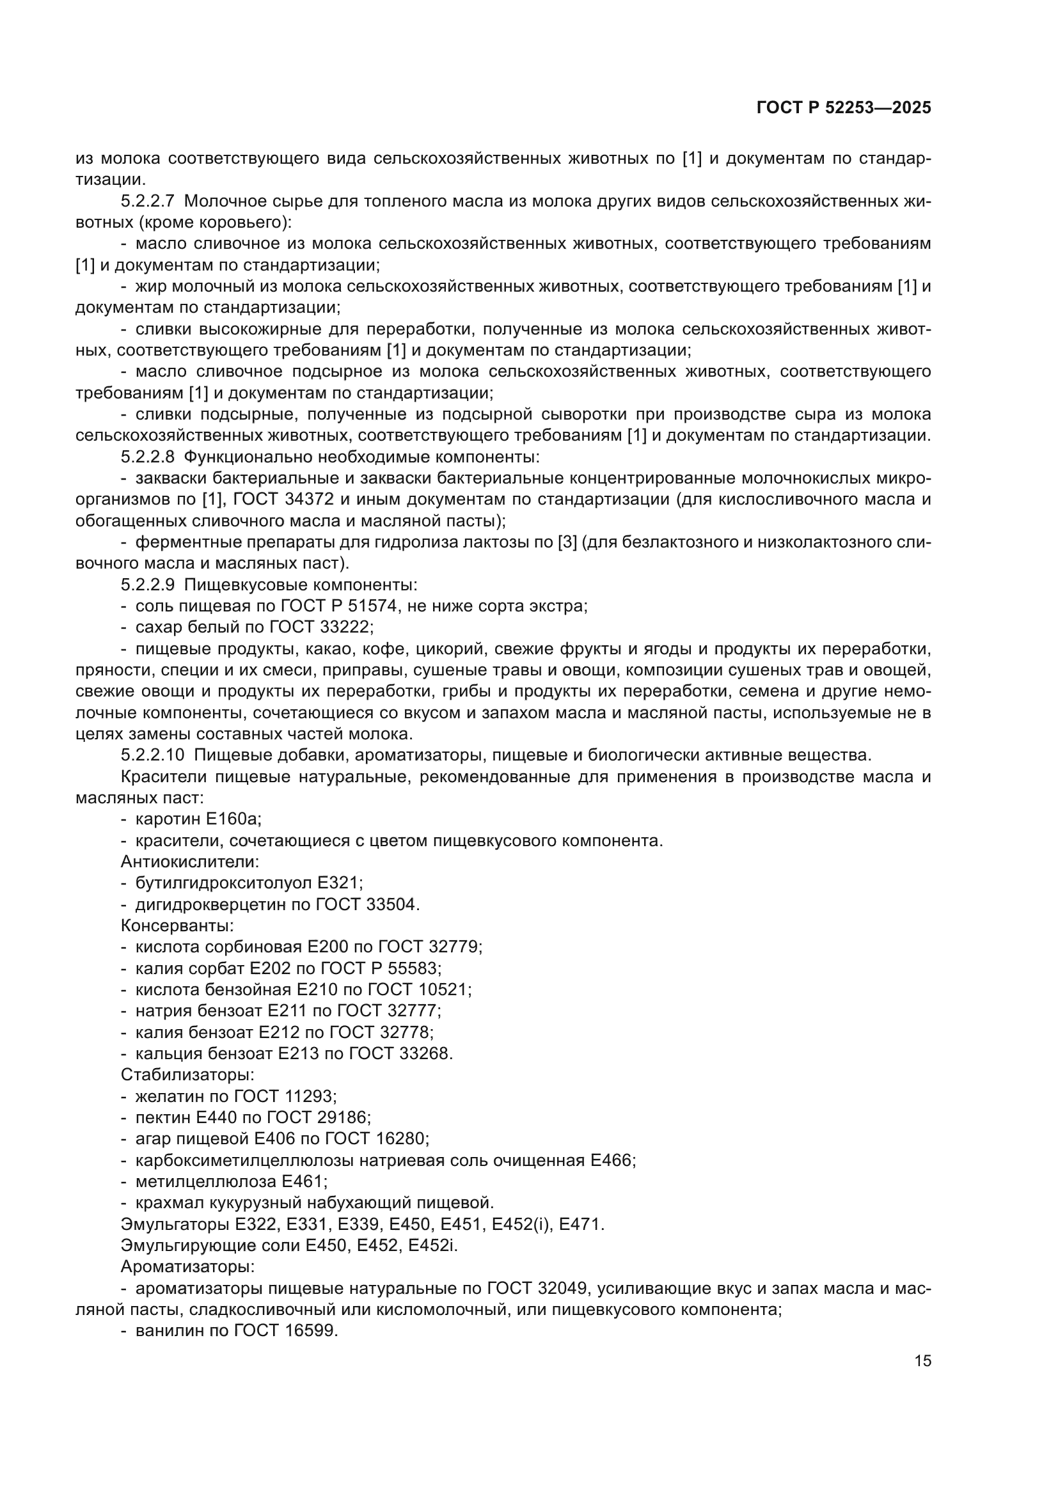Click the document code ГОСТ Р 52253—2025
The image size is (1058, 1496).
click(844, 108)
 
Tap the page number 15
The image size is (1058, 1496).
click(922, 1360)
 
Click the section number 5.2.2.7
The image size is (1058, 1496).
click(148, 201)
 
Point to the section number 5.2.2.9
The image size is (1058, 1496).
click(148, 585)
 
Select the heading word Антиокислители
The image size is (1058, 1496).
click(189, 862)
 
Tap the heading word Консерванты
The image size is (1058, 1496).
click(177, 925)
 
